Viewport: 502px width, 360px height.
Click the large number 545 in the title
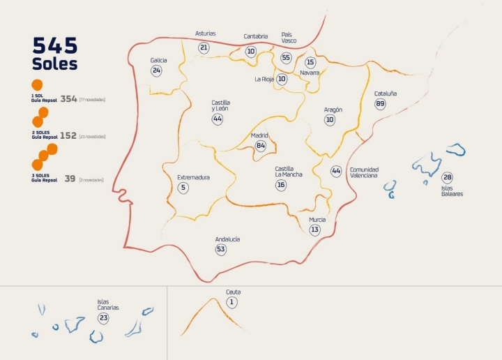tap(55, 46)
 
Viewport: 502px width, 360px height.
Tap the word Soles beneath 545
tap(54, 64)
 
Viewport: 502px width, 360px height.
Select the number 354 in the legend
tap(68, 99)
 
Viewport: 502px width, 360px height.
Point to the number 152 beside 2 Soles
tap(68, 136)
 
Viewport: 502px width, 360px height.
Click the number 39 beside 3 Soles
tap(70, 179)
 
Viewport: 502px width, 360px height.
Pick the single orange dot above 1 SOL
tap(37, 85)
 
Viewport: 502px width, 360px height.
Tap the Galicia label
tap(158, 60)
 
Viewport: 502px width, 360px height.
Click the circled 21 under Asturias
tap(204, 47)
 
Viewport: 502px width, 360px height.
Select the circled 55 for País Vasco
tap(286, 57)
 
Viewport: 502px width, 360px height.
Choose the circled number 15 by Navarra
tap(310, 62)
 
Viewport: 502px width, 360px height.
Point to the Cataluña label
tap(385, 93)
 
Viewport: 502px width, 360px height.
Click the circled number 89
tap(380, 104)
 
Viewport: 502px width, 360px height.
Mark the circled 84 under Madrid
tap(261, 146)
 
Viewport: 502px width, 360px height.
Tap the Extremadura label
tap(193, 177)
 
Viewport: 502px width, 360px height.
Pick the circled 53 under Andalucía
tap(221, 249)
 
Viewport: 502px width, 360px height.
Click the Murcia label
tap(317, 219)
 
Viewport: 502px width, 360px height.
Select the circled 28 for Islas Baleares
tap(447, 177)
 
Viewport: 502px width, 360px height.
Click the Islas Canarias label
tap(108, 305)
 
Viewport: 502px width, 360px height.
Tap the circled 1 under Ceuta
tap(232, 302)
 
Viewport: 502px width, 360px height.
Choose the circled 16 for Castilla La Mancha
tap(280, 185)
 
